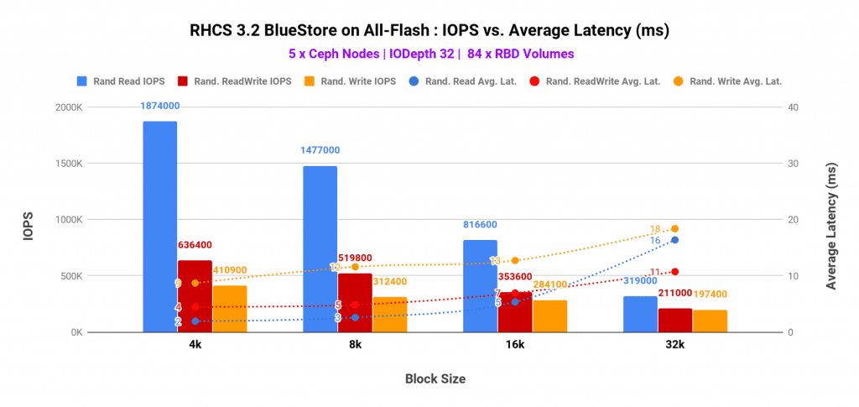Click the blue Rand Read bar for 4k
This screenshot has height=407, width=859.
159,227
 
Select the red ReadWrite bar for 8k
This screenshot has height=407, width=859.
355,303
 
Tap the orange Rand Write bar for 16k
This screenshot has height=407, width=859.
549,316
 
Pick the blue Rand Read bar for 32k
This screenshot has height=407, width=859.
640,314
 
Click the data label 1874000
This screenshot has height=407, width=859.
159,106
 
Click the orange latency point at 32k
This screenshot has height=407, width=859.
674,229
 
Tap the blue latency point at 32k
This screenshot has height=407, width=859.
674,240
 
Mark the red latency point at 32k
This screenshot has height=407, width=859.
674,272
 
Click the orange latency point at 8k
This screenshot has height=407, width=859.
355,267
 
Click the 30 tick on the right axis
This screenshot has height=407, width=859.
793,164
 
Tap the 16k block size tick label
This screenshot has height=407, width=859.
514,345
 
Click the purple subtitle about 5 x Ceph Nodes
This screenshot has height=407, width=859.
429,54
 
